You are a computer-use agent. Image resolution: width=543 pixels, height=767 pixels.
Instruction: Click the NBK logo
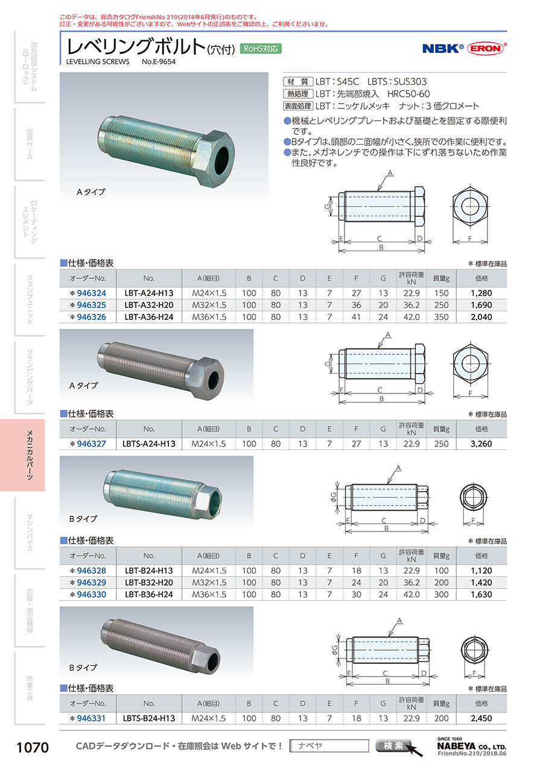tap(443, 49)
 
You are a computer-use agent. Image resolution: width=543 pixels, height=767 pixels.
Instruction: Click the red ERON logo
tap(486, 48)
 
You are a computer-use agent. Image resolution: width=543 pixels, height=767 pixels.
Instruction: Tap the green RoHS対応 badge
tap(261, 49)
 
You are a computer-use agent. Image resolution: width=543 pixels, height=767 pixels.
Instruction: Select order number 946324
tap(92, 293)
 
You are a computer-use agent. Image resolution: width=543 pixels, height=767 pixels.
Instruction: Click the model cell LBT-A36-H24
tap(149, 317)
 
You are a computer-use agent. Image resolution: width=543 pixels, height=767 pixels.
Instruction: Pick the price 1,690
tap(481, 305)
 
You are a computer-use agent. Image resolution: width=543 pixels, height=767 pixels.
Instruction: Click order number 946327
tap(92, 444)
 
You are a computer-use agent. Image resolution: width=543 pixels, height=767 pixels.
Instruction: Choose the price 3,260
tap(481, 444)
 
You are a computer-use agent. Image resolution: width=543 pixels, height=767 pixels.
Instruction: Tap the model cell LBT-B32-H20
tap(149, 583)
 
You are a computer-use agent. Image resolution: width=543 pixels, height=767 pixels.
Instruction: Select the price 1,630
tap(481, 595)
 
